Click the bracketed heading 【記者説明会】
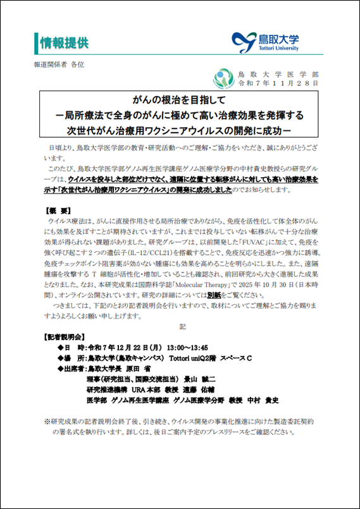(63, 336)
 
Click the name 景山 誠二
(200, 379)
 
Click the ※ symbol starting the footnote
(46, 421)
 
